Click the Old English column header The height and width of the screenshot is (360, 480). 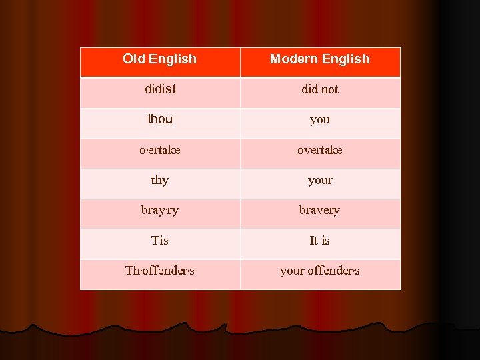[x=160, y=59]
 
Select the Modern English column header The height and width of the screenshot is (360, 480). [x=320, y=59]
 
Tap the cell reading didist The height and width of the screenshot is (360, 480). [x=160, y=89]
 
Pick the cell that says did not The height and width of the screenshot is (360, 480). [x=320, y=89]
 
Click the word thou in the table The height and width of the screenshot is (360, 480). [x=160, y=119]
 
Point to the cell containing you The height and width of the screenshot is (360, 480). [x=320, y=120]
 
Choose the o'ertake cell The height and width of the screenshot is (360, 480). [x=160, y=150]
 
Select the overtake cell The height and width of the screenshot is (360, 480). [x=320, y=150]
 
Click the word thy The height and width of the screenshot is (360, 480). [x=160, y=181]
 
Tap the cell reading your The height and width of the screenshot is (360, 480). [x=320, y=181]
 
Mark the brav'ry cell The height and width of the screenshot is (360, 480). [x=160, y=211]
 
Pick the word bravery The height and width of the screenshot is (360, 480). [x=320, y=211]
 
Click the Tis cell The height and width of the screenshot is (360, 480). [x=160, y=241]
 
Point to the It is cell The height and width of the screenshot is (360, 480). [x=320, y=241]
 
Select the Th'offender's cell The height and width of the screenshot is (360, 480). [x=160, y=271]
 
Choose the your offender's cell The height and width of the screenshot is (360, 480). [x=320, y=271]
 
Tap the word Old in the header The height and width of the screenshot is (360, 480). [x=134, y=59]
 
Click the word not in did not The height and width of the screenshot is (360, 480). [x=329, y=89]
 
